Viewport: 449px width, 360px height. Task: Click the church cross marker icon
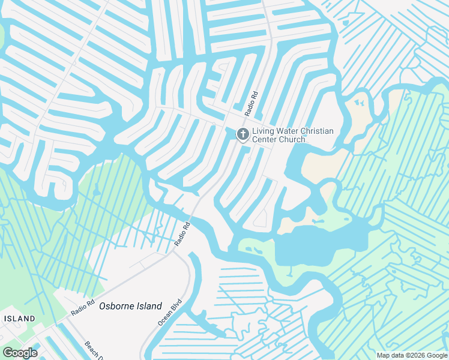[243, 134]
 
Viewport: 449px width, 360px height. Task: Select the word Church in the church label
[292, 140]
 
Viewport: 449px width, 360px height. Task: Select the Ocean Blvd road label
[169, 313]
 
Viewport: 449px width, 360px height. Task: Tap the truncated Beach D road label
[92, 349]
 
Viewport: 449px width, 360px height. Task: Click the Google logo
[20, 352]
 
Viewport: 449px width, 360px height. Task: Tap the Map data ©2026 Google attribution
[411, 355]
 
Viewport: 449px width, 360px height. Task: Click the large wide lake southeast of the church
[321, 243]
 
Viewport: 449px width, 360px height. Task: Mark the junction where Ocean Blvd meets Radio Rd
[175, 251]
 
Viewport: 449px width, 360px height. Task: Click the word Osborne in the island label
[114, 305]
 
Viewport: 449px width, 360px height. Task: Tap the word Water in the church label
[287, 131]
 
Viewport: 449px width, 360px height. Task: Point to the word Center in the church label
[265, 140]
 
